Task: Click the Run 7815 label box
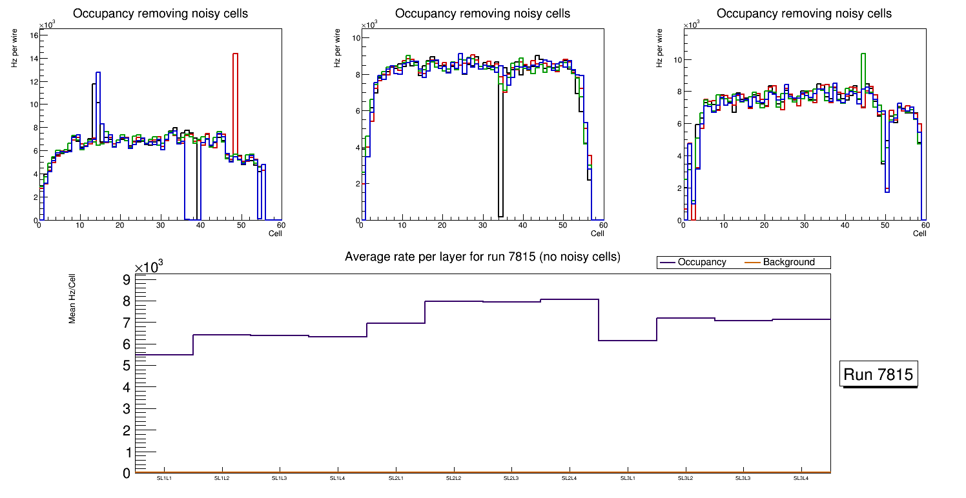point(879,375)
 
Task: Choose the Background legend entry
point(788,263)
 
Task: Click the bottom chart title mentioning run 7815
point(482,257)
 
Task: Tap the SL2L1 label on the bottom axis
point(396,478)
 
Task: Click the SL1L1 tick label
point(164,478)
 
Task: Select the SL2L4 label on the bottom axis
point(570,478)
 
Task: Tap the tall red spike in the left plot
point(236,97)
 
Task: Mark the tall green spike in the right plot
point(863,77)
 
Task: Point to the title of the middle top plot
point(482,14)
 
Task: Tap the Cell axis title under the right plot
point(920,234)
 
